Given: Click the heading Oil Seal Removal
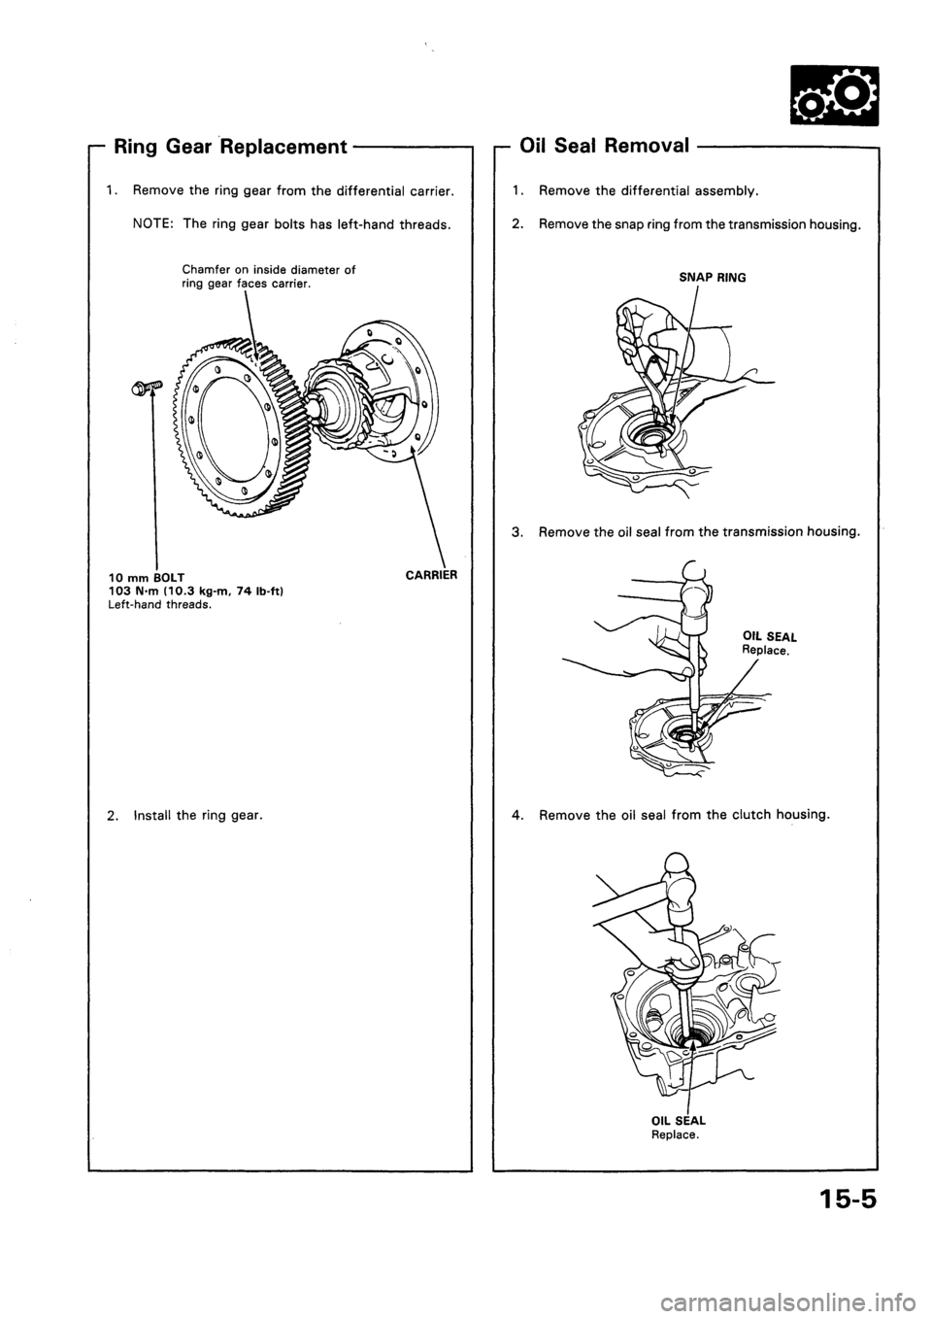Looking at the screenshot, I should point(605,147).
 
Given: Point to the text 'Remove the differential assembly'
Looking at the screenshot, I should point(649,191).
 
